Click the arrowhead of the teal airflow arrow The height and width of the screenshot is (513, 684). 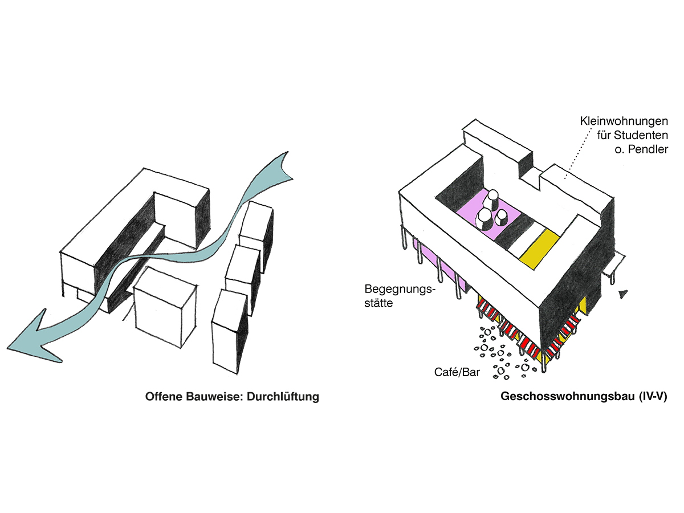pos(34,336)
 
